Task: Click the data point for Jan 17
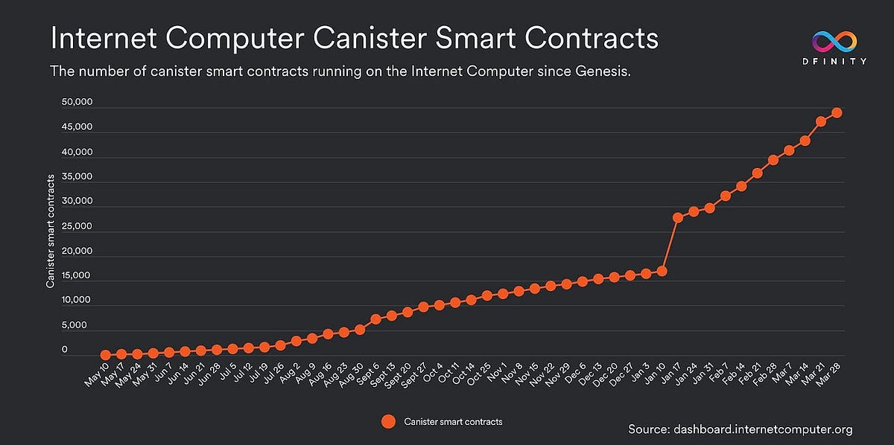pyautogui.click(x=678, y=217)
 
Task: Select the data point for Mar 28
pyautogui.click(x=837, y=112)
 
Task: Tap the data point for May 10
pyautogui.click(x=106, y=356)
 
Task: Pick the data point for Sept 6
pyautogui.click(x=375, y=319)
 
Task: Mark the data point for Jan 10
pyautogui.click(x=662, y=271)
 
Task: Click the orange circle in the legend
pyautogui.click(x=387, y=422)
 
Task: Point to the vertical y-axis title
pyautogui.click(x=51, y=231)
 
